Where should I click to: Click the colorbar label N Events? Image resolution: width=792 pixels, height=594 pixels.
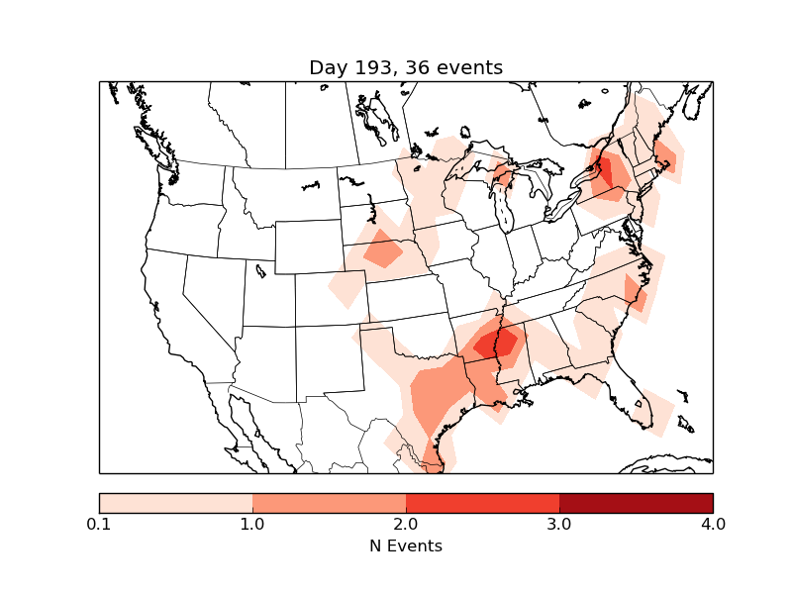click(x=405, y=545)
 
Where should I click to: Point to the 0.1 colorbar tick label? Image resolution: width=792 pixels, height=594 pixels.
click(x=99, y=524)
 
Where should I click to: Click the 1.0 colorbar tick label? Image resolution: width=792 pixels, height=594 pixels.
click(x=252, y=524)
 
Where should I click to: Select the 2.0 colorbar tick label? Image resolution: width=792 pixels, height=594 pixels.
click(x=406, y=524)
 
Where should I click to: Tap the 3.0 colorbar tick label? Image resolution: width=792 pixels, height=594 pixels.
click(x=559, y=524)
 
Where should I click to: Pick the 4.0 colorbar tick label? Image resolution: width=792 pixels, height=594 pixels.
click(x=712, y=524)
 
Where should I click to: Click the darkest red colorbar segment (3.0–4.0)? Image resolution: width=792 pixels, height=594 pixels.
click(x=636, y=503)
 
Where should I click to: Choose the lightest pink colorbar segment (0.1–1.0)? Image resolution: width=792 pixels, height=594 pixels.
click(x=176, y=503)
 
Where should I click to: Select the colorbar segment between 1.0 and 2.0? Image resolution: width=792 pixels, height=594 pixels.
click(x=329, y=503)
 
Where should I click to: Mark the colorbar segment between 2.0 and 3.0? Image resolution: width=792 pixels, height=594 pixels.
click(x=482, y=503)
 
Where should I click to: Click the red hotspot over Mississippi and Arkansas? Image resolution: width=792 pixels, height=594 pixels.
click(x=497, y=344)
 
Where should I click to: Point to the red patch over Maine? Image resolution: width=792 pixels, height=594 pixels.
click(x=666, y=157)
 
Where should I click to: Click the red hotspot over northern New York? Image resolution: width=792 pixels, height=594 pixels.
click(x=601, y=169)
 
